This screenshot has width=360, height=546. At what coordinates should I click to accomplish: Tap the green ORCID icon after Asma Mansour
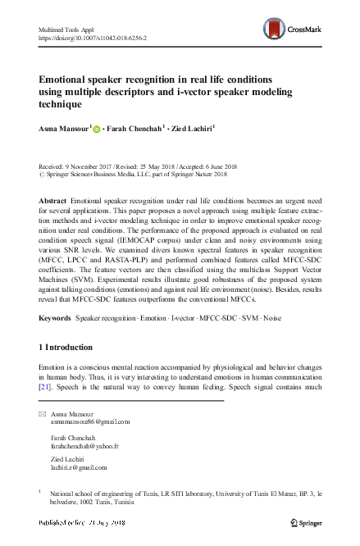pos(97,129)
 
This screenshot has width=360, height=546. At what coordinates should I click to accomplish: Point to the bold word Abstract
pos(53,200)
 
